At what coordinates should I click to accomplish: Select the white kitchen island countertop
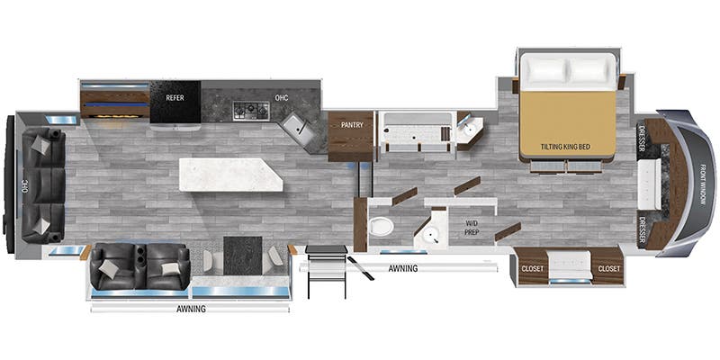tap(230, 174)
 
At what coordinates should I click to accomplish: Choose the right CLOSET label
tap(609, 268)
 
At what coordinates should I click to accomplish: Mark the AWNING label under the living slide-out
tap(190, 309)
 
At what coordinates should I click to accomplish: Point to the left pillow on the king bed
tap(544, 70)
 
